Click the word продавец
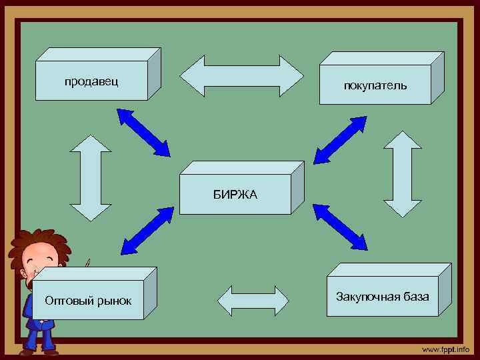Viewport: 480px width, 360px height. (x=91, y=81)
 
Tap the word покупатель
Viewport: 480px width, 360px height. (x=375, y=86)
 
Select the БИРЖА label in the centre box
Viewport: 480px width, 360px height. (x=235, y=195)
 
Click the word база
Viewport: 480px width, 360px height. (x=416, y=296)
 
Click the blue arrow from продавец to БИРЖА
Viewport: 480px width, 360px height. (x=143, y=131)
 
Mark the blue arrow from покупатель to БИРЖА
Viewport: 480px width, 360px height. (x=340, y=139)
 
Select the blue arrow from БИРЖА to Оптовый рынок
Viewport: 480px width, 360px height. (x=147, y=231)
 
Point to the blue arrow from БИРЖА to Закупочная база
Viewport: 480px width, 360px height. (x=340, y=227)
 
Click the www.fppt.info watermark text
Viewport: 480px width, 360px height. (x=445, y=350)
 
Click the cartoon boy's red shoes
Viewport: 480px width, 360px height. (x=40, y=349)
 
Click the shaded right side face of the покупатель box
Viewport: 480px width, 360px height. (x=437, y=78)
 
